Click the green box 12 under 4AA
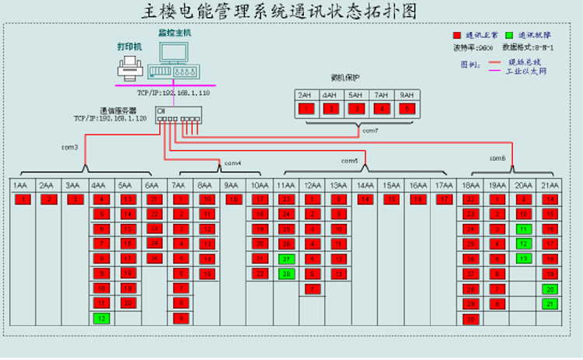coord(101,317)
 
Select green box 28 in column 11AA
coord(287,273)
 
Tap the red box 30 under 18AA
coord(470,318)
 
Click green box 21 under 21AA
coord(550,303)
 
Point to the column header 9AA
coord(232,186)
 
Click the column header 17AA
coord(444,186)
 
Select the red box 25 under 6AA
coord(154,258)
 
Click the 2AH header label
coord(305,95)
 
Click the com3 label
coord(70,146)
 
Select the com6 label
coord(497,159)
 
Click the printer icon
coord(128,71)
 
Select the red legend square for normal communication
coord(457,36)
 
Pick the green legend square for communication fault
coord(509,36)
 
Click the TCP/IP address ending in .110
coord(173,92)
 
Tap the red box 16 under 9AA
coord(232,199)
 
